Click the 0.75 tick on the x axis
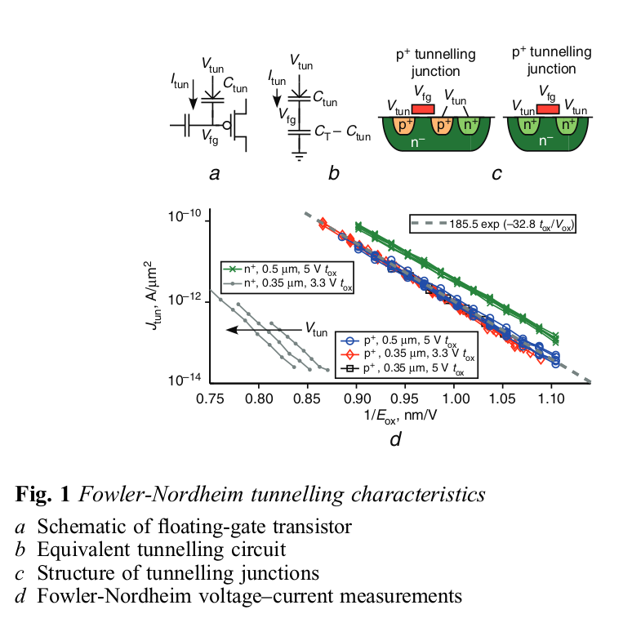211,399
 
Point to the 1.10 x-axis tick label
553,399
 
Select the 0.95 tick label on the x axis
406,399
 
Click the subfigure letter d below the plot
394,439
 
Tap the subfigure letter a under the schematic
214,173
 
